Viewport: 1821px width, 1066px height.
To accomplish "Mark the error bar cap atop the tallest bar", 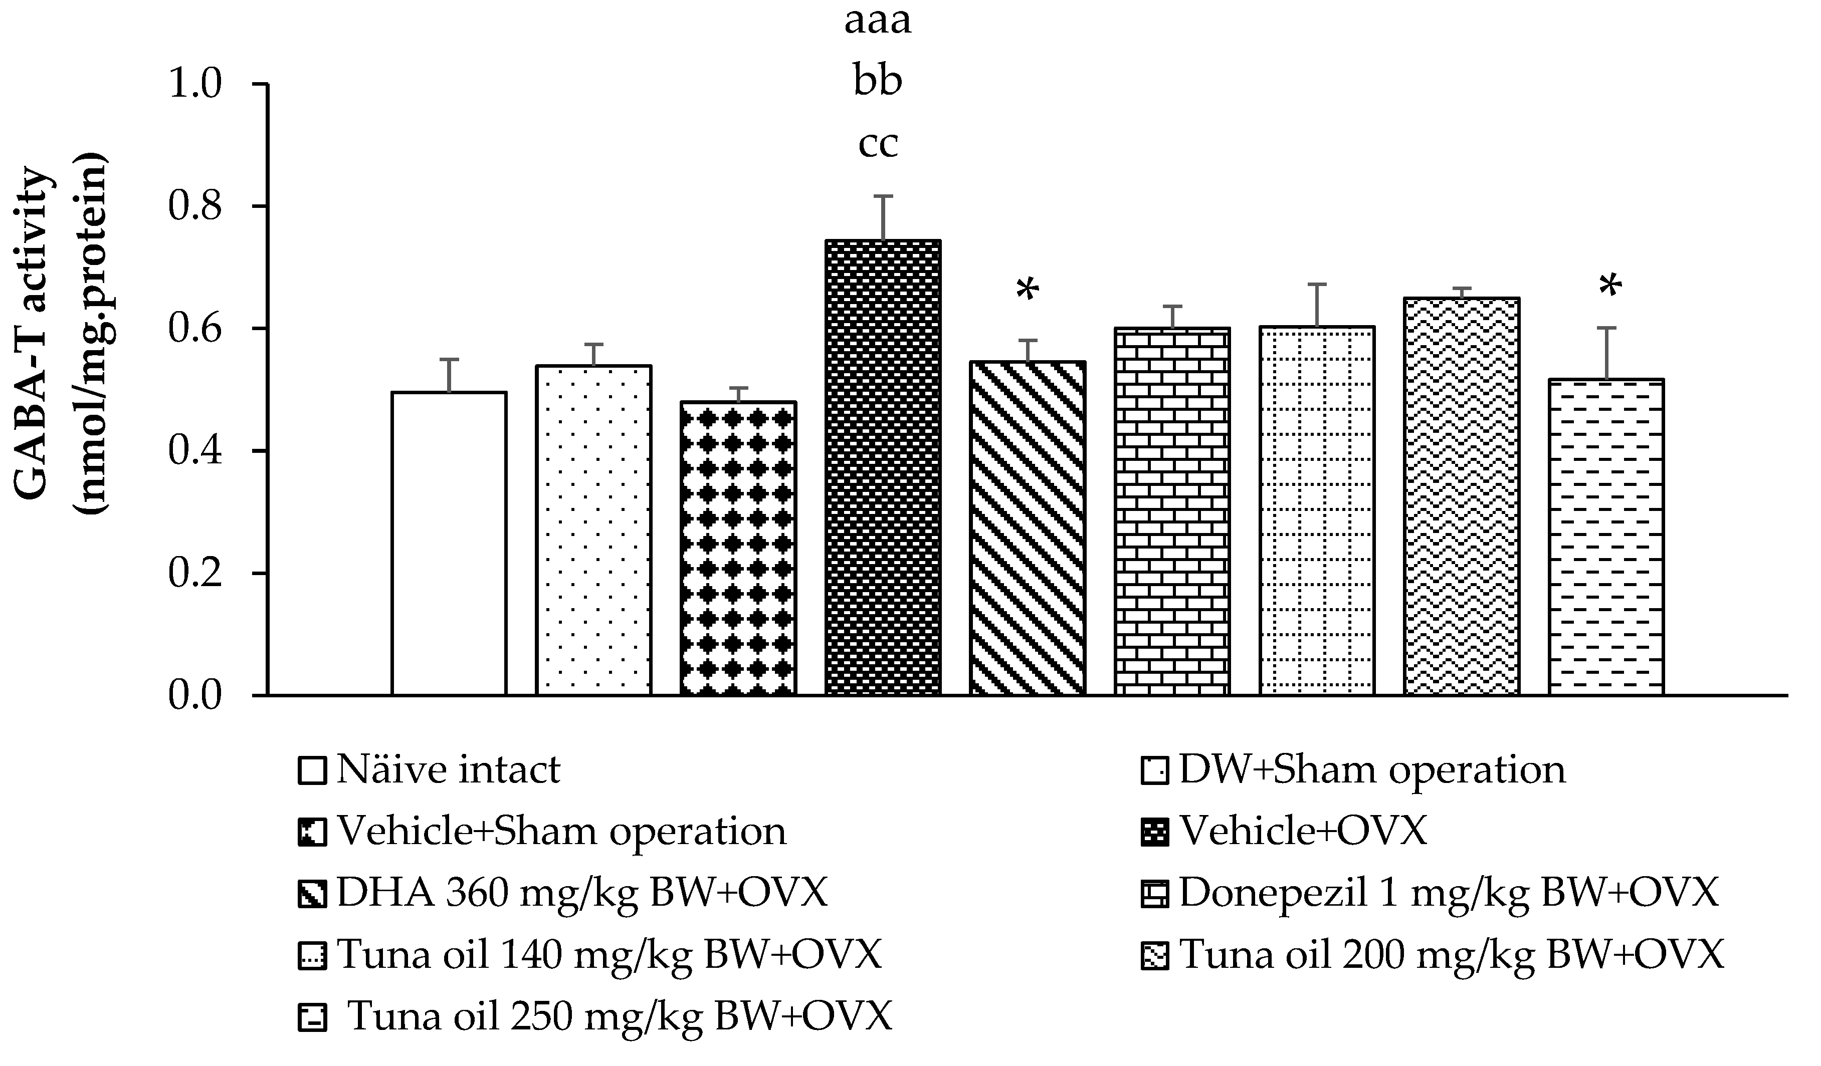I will pos(882,196).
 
